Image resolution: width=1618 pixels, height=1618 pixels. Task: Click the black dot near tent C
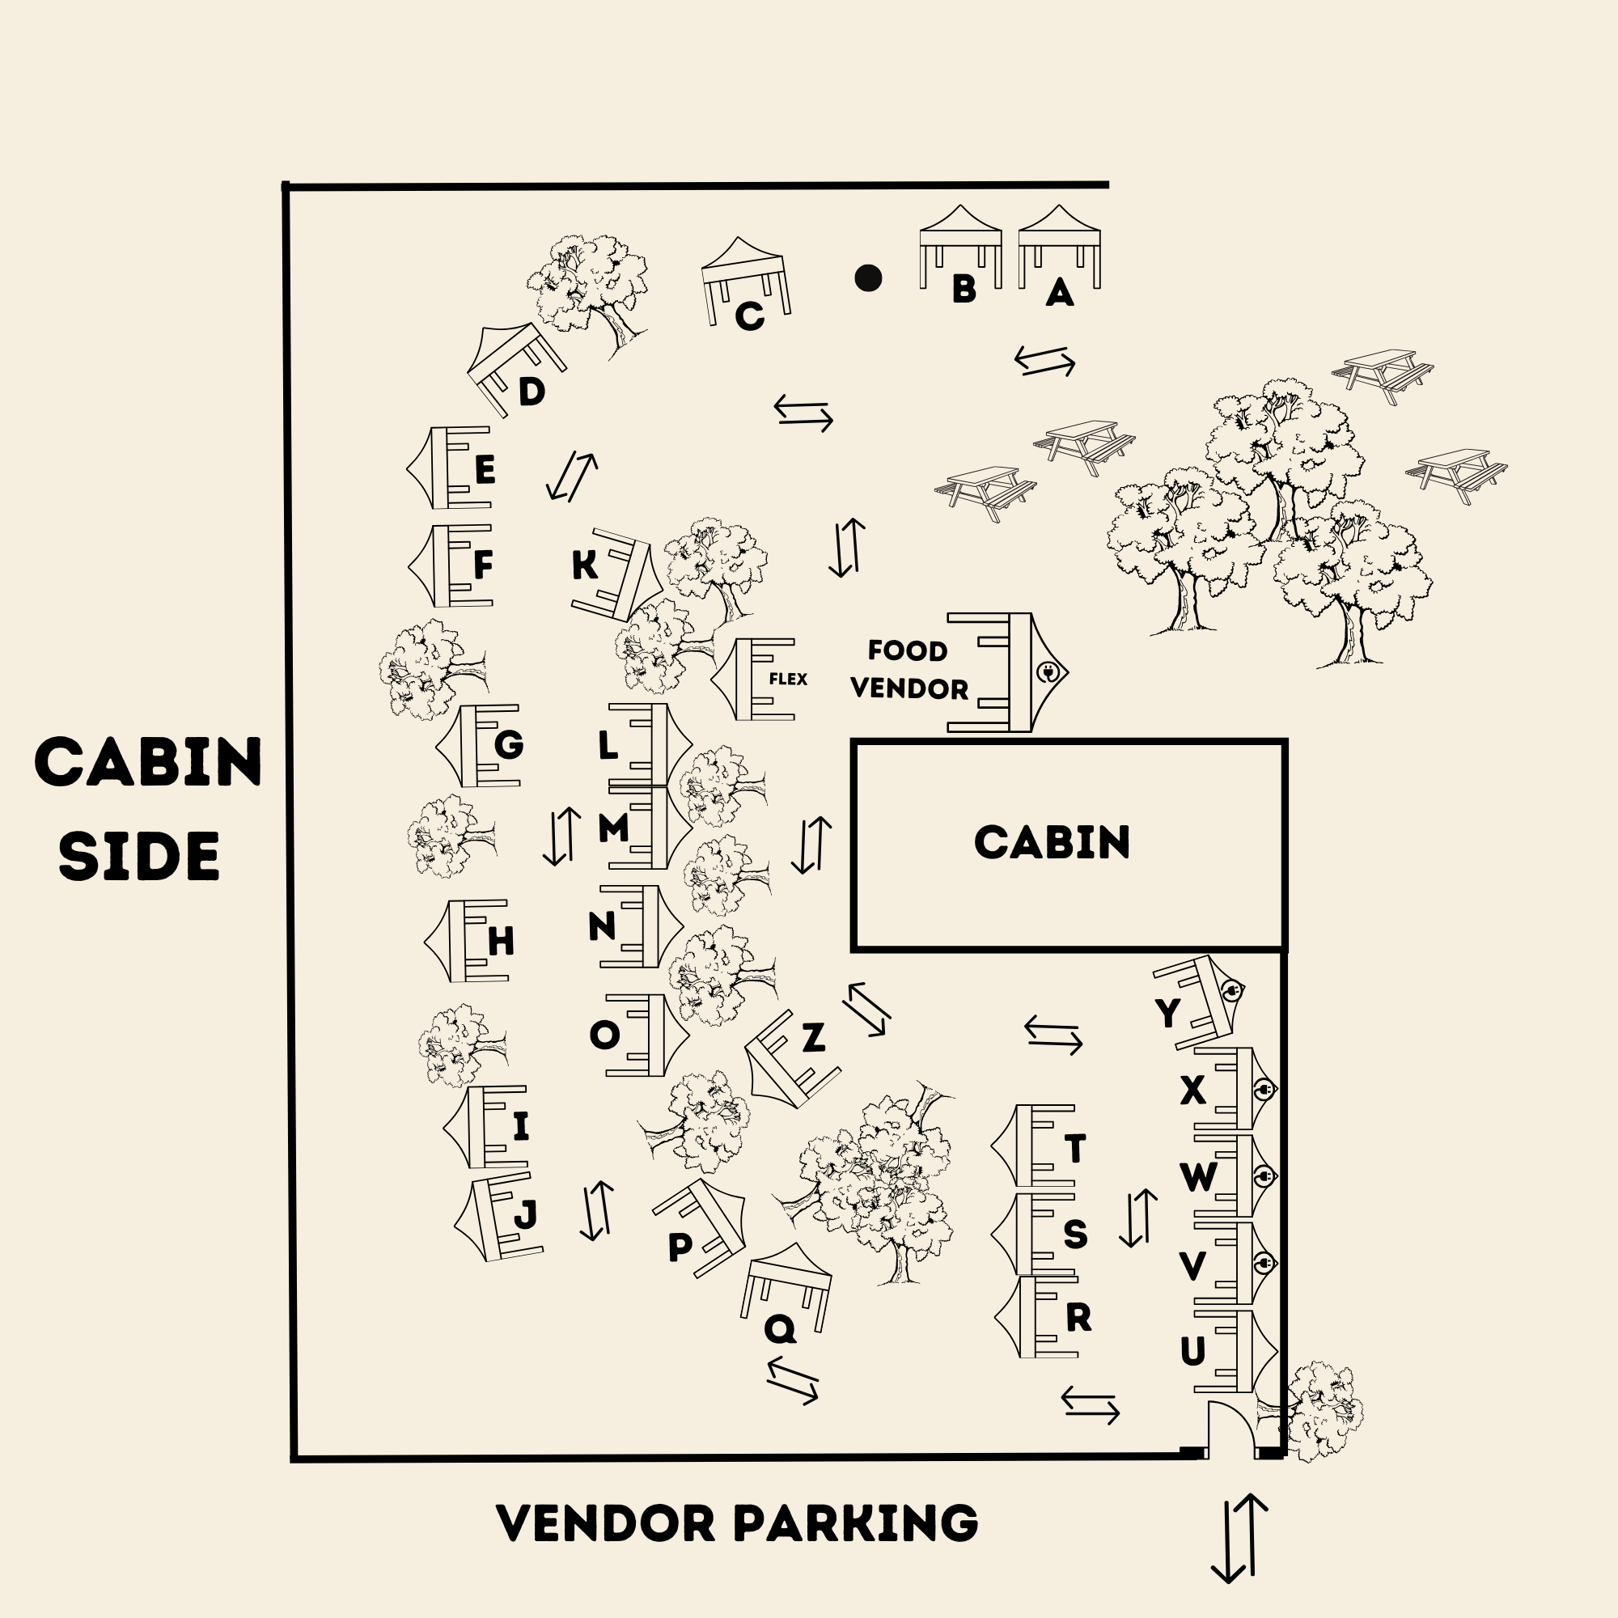[867, 278]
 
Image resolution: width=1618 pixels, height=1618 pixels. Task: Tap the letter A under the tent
[1060, 292]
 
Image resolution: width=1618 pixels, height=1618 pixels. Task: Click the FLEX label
[788, 680]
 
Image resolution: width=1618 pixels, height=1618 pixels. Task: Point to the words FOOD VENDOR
[909, 670]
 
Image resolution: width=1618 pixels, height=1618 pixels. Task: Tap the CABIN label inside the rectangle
[1052, 842]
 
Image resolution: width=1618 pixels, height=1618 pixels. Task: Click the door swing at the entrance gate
[1230, 1430]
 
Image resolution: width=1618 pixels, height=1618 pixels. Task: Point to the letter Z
[813, 1039]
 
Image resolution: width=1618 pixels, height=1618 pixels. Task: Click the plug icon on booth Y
[1231, 992]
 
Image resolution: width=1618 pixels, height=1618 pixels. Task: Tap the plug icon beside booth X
[1264, 1090]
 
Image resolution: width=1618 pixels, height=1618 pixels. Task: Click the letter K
[585, 565]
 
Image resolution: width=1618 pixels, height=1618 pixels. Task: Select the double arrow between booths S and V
[1138, 1218]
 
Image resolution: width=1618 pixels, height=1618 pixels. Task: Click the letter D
[532, 392]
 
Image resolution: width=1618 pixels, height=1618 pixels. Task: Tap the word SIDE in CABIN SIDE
[139, 857]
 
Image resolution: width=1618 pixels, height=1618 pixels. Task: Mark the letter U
[1192, 1351]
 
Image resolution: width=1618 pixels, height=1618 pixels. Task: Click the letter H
[501, 942]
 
